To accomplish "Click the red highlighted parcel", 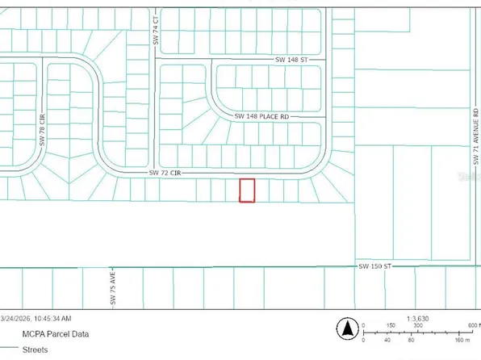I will click(247, 190).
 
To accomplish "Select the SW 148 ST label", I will click(292, 60).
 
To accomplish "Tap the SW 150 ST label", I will click(374, 266).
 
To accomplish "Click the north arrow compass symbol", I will click(348, 329).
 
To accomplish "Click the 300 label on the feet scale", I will click(419, 325).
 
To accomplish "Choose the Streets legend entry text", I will click(33, 350).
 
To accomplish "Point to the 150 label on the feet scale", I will click(391, 325).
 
